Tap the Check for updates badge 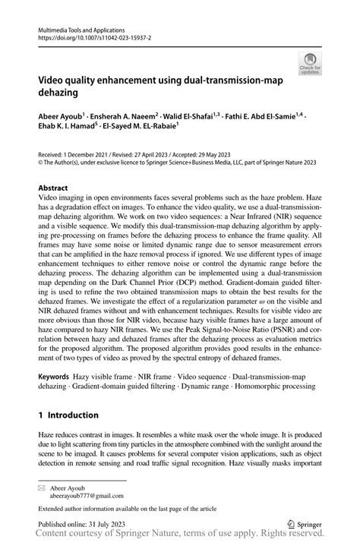[x=309, y=66]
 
